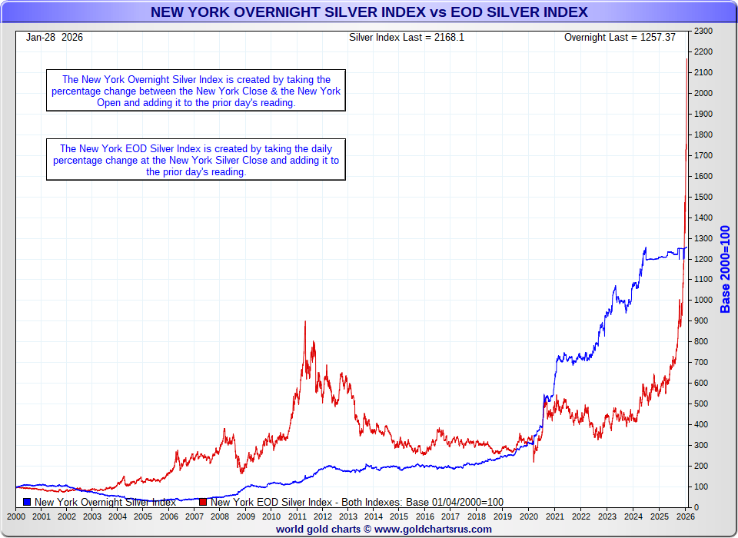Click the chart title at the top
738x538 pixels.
(x=369, y=12)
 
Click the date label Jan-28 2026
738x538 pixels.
(x=55, y=37)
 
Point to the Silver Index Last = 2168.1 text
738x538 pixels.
(x=407, y=37)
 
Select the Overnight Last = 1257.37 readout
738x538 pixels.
(x=620, y=37)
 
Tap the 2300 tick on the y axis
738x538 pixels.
(x=703, y=31)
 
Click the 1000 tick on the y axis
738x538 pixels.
(x=703, y=301)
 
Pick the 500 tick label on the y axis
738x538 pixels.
(x=701, y=404)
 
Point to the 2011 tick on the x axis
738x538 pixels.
(x=299, y=516)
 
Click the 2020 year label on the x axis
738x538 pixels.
(x=530, y=516)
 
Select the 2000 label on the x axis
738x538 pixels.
(x=16, y=516)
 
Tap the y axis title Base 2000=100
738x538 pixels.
(x=725, y=269)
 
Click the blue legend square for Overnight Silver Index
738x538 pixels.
(x=28, y=502)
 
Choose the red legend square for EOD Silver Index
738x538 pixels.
(x=203, y=502)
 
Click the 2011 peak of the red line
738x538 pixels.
(x=305, y=322)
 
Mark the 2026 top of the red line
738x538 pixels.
(x=686, y=59)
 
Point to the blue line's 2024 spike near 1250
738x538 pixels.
(x=645, y=247)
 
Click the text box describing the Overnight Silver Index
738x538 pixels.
(x=196, y=91)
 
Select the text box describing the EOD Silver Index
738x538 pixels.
(x=196, y=160)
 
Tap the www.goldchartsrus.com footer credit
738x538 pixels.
(x=384, y=529)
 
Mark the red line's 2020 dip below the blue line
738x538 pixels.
(x=534, y=460)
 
